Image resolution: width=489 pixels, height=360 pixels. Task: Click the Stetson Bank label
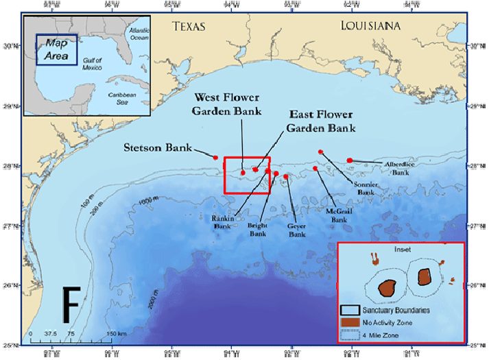[x=157, y=147]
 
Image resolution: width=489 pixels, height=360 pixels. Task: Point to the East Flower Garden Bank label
[x=320, y=121]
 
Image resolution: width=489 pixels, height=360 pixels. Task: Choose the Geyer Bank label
[x=296, y=230]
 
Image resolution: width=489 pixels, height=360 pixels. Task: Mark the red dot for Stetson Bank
[x=216, y=158]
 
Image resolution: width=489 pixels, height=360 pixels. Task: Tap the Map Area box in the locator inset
[x=56, y=49]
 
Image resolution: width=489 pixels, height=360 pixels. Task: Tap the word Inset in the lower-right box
[x=401, y=250]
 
